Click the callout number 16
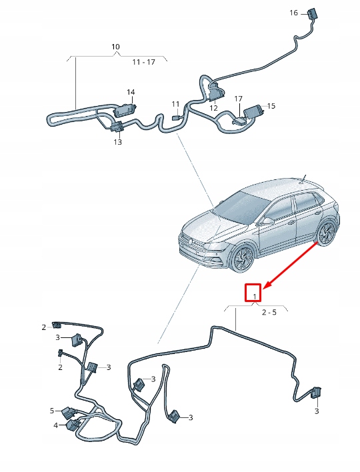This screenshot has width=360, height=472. point(295,13)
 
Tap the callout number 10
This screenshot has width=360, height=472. point(115,47)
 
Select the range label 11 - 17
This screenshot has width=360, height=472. point(143,61)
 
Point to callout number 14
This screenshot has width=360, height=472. point(131,92)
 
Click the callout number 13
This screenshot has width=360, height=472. point(117,141)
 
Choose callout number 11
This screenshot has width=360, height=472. point(175,104)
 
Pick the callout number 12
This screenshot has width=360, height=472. point(213,108)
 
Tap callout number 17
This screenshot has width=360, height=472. point(239,99)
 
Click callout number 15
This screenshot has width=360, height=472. point(271,106)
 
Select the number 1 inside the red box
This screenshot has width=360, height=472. point(253,293)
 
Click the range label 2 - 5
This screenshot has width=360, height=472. point(269,312)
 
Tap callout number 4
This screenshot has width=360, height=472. point(55,425)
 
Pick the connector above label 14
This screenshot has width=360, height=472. point(125,107)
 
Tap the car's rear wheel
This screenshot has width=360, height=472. point(327,233)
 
